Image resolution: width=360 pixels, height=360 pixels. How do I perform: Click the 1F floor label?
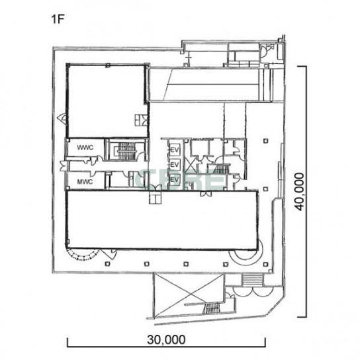[x=57, y=19]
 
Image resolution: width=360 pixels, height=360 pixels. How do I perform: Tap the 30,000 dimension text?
[x=166, y=339]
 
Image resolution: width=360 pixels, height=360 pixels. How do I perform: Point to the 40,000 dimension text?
[x=299, y=191]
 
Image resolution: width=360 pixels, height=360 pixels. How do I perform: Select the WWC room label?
[x=85, y=148]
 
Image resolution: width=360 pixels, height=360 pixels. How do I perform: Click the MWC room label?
[x=85, y=182]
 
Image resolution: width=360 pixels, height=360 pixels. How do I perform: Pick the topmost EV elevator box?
[x=175, y=150]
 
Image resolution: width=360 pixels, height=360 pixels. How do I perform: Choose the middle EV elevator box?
[x=175, y=165]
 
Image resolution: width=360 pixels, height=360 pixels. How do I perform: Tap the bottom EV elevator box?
[x=175, y=179]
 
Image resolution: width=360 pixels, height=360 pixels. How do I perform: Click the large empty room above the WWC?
[x=107, y=101]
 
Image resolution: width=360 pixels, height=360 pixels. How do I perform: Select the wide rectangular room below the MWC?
[x=161, y=220]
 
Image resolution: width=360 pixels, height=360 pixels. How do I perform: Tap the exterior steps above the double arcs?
[x=252, y=280]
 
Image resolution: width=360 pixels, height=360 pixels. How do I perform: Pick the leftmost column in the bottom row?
[x=107, y=264]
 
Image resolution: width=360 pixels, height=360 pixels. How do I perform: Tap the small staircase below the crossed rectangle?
[x=211, y=308]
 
